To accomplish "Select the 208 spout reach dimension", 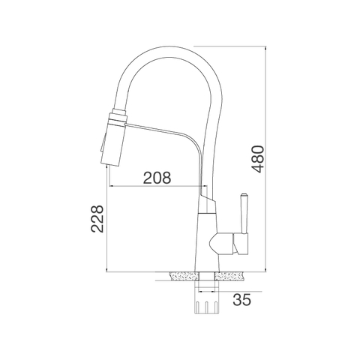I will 157,178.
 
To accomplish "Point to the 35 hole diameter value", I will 241,301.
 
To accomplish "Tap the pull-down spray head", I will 112,139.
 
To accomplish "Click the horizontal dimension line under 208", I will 157,187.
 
